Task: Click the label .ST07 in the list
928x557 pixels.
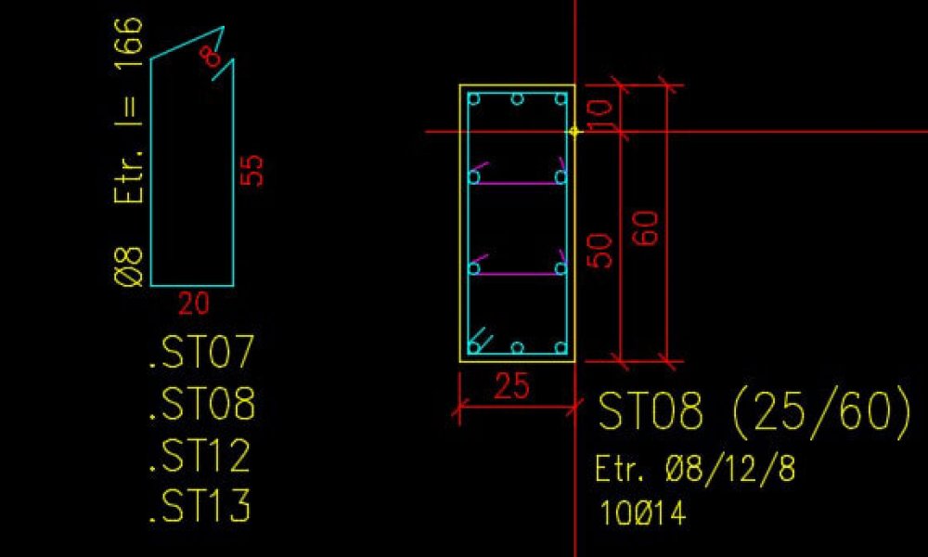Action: pyautogui.click(x=200, y=354)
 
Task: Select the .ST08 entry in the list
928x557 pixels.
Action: pyautogui.click(x=200, y=405)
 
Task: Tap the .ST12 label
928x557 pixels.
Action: pyautogui.click(x=200, y=456)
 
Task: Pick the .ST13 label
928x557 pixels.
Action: pyautogui.click(x=200, y=506)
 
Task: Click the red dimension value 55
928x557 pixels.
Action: pyautogui.click(x=252, y=170)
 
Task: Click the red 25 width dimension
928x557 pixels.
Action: pyautogui.click(x=511, y=386)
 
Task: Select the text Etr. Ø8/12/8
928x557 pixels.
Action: pyautogui.click(x=695, y=470)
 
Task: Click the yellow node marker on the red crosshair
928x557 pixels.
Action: pyautogui.click(x=574, y=132)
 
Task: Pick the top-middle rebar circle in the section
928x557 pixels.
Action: pyautogui.click(x=518, y=98)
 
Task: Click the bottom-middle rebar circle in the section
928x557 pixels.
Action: pyautogui.click(x=518, y=348)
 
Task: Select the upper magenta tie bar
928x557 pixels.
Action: pyautogui.click(x=517, y=183)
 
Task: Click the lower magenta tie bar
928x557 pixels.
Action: pyautogui.click(x=517, y=274)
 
